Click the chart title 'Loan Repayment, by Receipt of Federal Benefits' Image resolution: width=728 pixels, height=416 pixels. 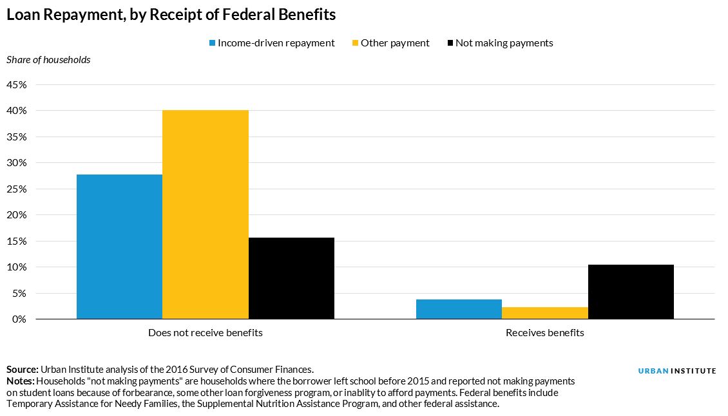(x=171, y=14)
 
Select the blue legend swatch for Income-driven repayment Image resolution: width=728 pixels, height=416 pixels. (x=212, y=43)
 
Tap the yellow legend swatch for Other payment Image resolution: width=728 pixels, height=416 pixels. (x=354, y=43)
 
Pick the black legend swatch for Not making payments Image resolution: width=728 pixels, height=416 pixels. (x=449, y=43)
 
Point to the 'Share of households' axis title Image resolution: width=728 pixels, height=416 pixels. (x=48, y=60)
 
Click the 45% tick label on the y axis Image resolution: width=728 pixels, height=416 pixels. (x=17, y=85)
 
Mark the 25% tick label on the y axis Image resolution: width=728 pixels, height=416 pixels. (x=17, y=189)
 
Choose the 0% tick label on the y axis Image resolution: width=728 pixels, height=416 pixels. (x=19, y=319)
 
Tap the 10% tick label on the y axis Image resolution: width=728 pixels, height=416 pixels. (x=17, y=267)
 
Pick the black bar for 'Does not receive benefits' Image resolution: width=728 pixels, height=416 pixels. (x=291, y=278)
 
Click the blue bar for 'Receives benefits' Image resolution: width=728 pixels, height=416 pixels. (x=459, y=309)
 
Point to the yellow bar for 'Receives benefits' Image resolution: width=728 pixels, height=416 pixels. (x=544, y=313)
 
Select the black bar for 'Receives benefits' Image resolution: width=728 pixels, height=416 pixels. (x=631, y=292)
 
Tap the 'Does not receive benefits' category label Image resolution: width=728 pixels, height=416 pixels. (x=205, y=333)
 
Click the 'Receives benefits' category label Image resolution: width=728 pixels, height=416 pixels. (x=544, y=333)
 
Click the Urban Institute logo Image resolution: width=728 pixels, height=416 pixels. (x=676, y=371)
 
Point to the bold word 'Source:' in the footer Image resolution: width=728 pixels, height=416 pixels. (x=23, y=370)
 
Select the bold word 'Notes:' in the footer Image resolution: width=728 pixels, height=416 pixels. (x=21, y=381)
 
